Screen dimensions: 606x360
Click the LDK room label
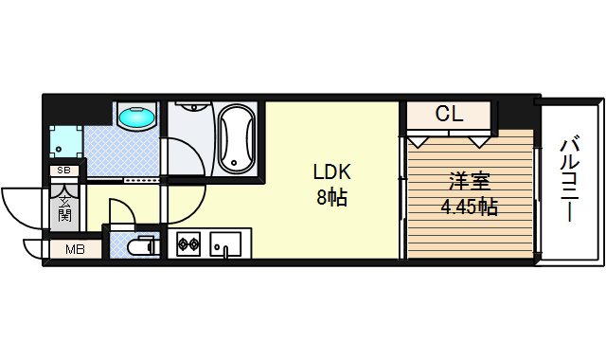331,172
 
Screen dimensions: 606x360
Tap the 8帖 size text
332,198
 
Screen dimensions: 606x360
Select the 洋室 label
470,182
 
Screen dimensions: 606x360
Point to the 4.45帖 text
470,207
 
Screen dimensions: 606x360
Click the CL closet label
449,114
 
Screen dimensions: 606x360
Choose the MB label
76,250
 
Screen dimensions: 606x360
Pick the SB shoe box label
64,170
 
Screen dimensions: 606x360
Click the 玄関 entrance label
64,208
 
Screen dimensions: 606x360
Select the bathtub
237,138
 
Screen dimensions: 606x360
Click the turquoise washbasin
136,117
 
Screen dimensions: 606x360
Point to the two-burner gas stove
188,243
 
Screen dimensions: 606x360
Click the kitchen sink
225,244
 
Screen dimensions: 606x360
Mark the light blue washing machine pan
66,141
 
